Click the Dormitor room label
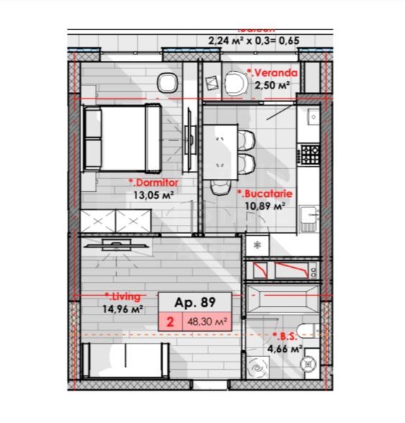[154, 182]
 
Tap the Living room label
[123, 296]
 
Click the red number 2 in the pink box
[170, 322]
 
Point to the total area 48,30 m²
[208, 322]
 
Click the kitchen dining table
[222, 151]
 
